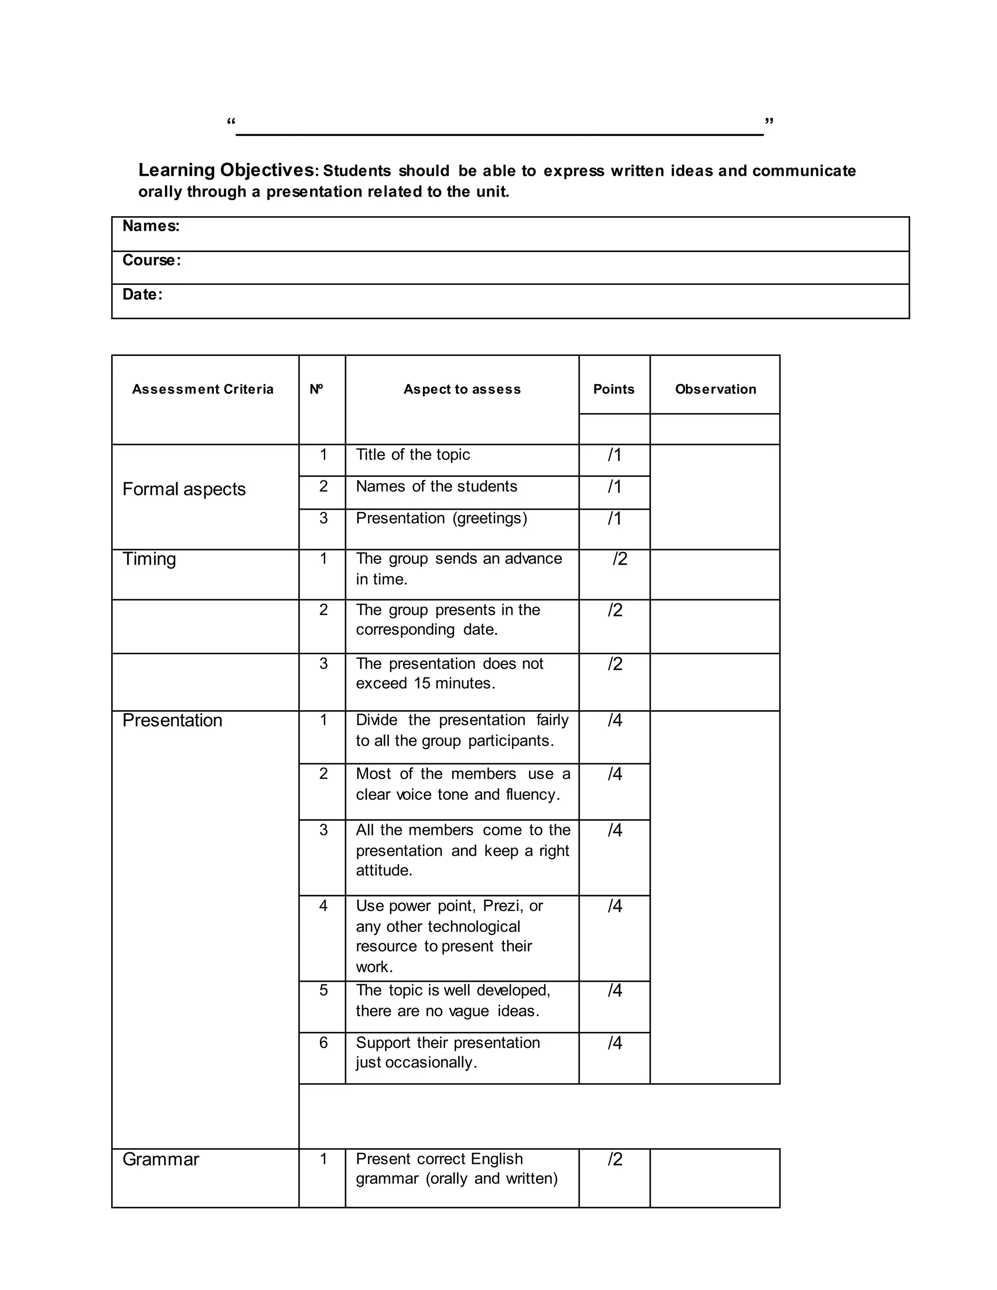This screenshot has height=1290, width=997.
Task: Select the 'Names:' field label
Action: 150,226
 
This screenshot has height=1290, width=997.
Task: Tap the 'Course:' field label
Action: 151,260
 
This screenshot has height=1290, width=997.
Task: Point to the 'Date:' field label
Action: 142,295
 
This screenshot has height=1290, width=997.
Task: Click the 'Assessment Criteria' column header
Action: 203,389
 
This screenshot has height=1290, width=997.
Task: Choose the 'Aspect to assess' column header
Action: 462,389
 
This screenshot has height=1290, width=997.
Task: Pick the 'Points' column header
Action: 614,389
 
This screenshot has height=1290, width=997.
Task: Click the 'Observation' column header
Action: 715,389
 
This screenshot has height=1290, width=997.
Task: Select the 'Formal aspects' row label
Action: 184,489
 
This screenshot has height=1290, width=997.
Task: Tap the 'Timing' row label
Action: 149,559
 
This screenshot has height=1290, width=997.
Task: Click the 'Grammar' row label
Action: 161,1160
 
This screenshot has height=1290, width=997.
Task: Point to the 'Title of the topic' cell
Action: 413,455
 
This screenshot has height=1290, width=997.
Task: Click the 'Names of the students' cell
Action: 437,487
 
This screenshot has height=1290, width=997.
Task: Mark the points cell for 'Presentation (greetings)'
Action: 614,518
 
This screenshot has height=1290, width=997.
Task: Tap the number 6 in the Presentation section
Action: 323,1043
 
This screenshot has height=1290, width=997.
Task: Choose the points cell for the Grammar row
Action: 615,1160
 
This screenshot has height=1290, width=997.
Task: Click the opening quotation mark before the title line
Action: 231,122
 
